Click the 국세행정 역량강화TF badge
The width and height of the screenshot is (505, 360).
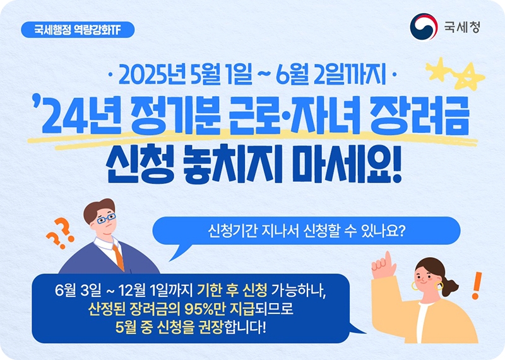point(77,30)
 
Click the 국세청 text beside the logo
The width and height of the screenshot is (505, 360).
point(461,27)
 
